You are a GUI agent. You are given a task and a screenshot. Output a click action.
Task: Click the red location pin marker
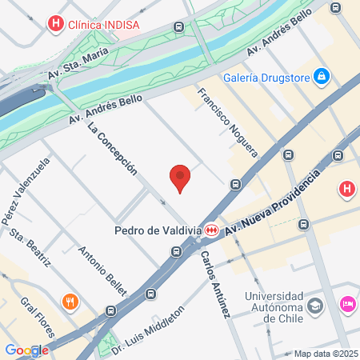[181, 178]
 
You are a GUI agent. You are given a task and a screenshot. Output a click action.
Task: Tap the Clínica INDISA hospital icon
[55, 24]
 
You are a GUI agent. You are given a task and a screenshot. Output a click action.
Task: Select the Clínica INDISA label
[103, 24]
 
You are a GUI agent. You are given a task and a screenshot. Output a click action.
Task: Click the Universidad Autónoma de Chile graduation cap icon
[316, 305]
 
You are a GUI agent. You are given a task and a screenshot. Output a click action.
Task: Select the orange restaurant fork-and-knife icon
[70, 302]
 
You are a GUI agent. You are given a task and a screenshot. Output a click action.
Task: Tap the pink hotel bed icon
[348, 304]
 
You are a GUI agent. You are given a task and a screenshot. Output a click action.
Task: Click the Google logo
[26, 350]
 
